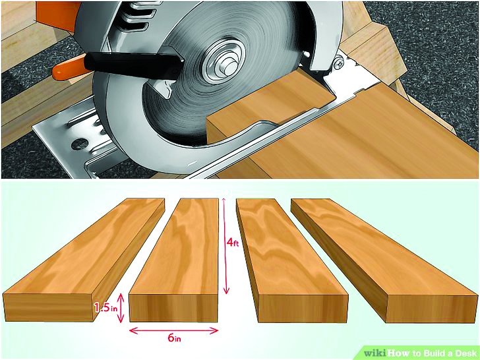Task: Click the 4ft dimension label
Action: [x=233, y=243]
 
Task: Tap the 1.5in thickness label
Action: [x=105, y=307]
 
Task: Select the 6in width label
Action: [x=174, y=338]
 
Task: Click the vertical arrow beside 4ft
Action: [x=226, y=246]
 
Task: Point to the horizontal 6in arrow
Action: [x=173, y=330]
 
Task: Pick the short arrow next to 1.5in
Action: [x=121, y=308]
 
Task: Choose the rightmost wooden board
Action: [x=384, y=260]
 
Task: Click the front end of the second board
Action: [x=173, y=308]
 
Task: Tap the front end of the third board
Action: [x=303, y=309]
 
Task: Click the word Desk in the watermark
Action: [x=465, y=353]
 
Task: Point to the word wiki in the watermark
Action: [x=375, y=353]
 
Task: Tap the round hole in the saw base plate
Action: [x=79, y=144]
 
